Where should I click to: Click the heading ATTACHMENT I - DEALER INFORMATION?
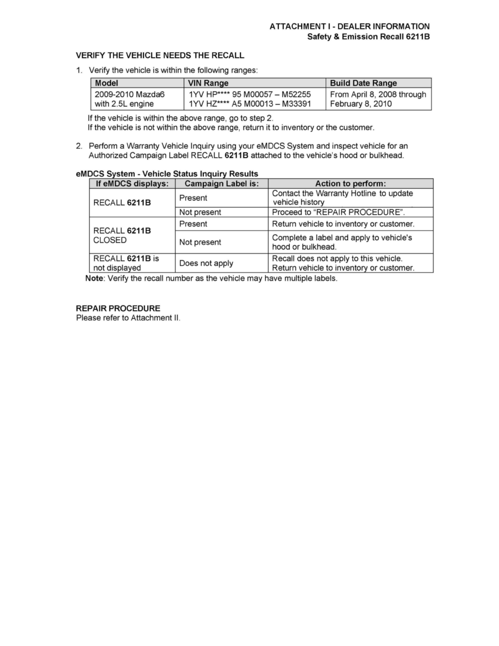click(x=350, y=27)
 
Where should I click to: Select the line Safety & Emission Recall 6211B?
click(x=368, y=37)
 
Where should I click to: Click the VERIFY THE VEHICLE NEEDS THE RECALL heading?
click(x=160, y=55)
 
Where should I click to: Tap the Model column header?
click(x=107, y=83)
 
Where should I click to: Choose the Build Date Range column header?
click(x=363, y=83)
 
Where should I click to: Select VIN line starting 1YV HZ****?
click(x=249, y=104)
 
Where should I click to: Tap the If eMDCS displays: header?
click(x=132, y=184)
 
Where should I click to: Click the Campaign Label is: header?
click(x=222, y=184)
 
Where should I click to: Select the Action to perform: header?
click(x=350, y=184)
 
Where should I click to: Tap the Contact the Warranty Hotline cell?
click(x=342, y=197)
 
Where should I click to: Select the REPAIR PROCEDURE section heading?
click(x=118, y=308)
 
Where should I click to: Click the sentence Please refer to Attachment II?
click(x=128, y=318)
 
